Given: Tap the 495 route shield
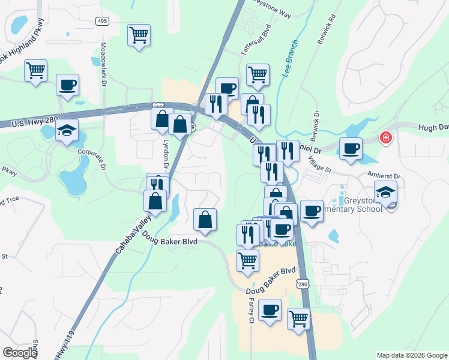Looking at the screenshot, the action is (x=102, y=21).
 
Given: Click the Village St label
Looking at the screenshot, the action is (x=319, y=165).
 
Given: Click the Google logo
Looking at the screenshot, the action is (x=20, y=353).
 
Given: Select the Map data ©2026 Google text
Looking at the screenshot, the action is (x=411, y=355).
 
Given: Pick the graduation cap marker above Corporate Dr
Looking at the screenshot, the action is (x=67, y=130).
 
